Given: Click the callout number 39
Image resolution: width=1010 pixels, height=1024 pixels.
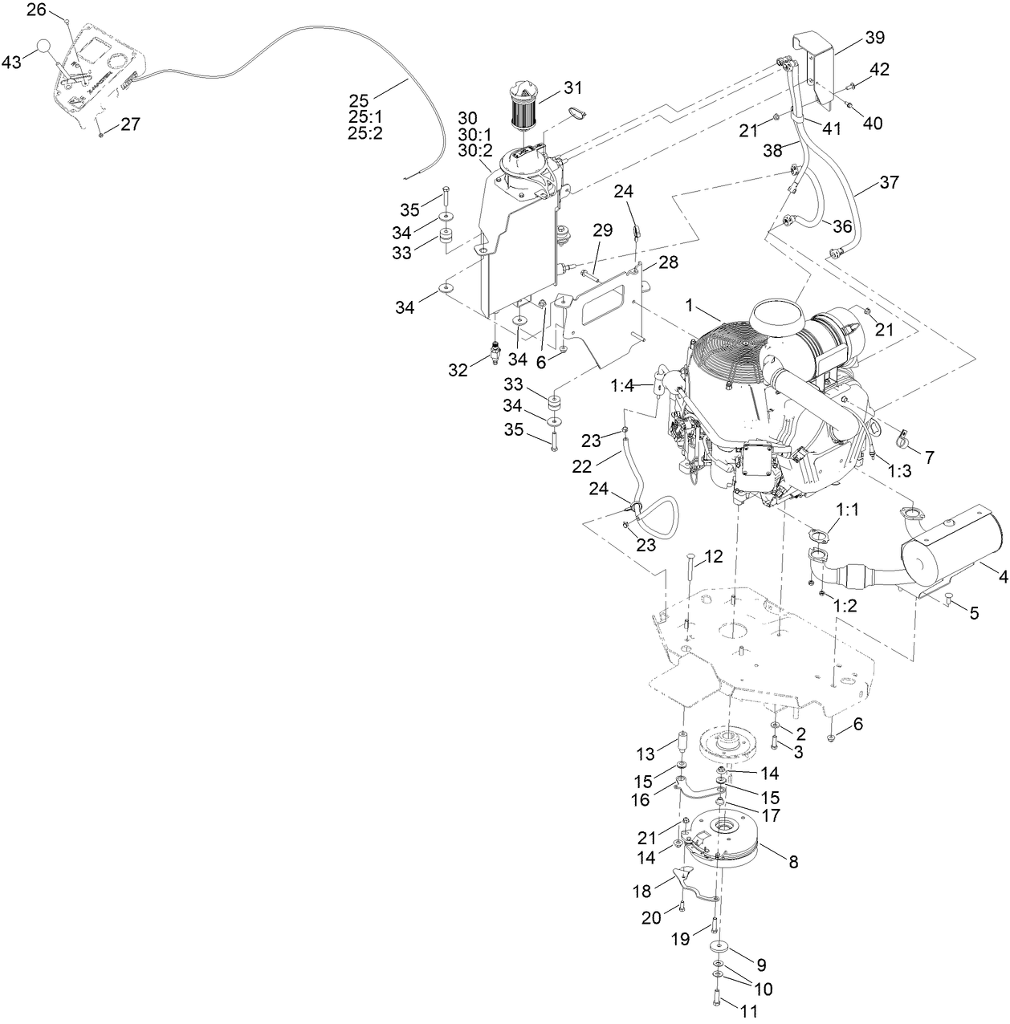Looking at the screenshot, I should click(874, 38).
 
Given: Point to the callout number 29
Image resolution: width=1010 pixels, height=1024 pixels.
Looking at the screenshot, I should click(602, 230).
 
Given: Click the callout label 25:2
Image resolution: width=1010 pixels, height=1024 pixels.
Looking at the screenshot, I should click(365, 134).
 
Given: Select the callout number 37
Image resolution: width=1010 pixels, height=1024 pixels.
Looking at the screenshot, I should click(888, 183).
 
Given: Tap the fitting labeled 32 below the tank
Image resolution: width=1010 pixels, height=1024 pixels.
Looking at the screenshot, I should click(495, 351).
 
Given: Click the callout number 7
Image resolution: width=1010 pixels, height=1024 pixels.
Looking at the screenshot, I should click(929, 457).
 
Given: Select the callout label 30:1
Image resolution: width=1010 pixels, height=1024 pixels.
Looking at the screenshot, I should click(475, 133).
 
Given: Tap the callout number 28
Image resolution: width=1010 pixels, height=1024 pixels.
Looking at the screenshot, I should click(668, 262).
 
